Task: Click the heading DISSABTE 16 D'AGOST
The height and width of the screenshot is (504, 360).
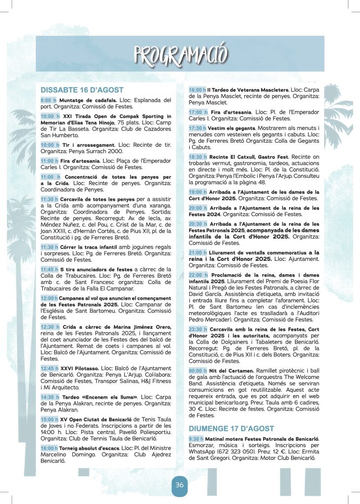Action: tap(82, 90)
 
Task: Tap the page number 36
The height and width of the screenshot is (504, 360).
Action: tap(180, 485)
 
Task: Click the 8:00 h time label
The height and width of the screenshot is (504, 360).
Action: tap(48, 100)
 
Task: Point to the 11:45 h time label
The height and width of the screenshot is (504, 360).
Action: tap(49, 269)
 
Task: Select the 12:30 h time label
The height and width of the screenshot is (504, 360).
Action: tap(49, 327)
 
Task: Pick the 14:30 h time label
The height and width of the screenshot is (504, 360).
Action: tap(49, 397)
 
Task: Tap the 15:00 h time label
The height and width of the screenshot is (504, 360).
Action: tap(49, 419)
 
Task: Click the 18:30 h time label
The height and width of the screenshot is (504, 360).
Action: tap(198, 157)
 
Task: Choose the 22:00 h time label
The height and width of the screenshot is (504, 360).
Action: tap(198, 275)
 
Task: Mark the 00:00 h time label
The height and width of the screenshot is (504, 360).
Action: tap(198, 370)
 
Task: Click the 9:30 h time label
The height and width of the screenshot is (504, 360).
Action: tap(196, 439)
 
